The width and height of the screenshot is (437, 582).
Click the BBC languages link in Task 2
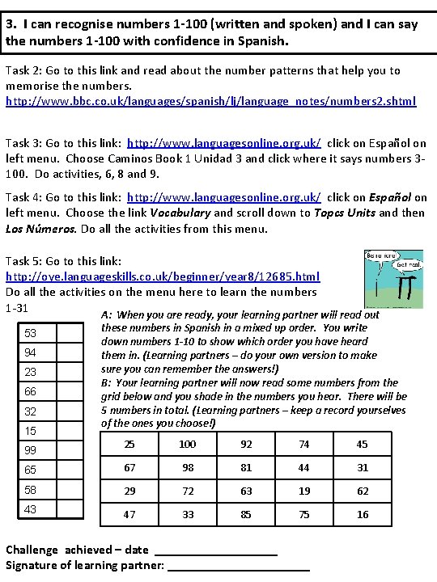coord(210,101)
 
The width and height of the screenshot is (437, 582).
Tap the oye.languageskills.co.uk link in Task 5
coord(163,276)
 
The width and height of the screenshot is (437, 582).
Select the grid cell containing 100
coord(188,444)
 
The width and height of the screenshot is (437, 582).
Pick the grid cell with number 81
coord(246,467)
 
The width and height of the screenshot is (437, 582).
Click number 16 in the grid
coord(363,514)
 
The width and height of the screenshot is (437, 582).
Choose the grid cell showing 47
coord(129,514)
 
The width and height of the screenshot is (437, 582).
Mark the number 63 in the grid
coord(246,491)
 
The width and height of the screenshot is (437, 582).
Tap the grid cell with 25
coord(129,444)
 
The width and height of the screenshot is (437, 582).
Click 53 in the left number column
coord(31,333)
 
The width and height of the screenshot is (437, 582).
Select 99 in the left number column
coord(31,449)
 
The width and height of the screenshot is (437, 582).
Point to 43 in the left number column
coord(31,508)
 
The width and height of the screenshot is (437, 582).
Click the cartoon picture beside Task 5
coord(396,278)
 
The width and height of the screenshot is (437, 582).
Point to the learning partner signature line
coord(239,565)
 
